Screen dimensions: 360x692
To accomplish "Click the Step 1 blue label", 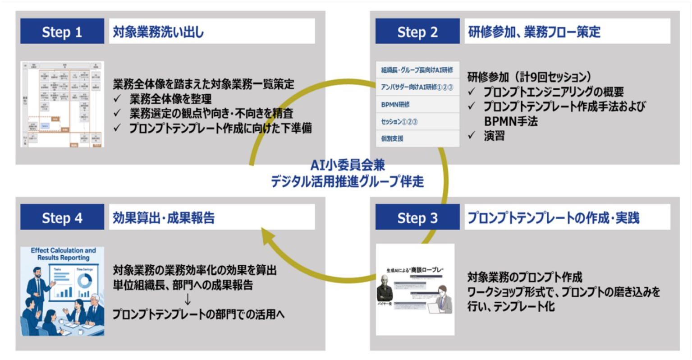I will (x=62, y=32).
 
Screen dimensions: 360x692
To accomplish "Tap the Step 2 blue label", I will (x=417, y=32).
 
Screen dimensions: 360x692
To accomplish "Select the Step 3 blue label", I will (x=417, y=218).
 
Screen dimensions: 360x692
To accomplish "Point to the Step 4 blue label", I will (x=62, y=218).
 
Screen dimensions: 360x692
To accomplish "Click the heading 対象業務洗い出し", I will (x=158, y=32).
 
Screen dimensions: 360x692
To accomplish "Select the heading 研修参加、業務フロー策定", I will (x=534, y=32).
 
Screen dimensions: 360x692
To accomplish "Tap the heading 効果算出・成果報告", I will (x=164, y=218).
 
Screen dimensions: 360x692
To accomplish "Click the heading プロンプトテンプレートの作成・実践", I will (x=553, y=218).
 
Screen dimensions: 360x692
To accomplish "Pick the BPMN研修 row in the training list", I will (x=395, y=104).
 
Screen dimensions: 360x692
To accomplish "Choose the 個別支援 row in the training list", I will (x=392, y=138).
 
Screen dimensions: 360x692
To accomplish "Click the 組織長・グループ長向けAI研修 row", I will (x=417, y=70).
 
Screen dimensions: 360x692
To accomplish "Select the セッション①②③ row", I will (x=399, y=121).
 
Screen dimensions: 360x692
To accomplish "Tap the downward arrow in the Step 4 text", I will (x=188, y=300).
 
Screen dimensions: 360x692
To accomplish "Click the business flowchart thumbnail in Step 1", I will (x=62, y=104).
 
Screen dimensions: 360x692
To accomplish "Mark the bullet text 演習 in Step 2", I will (x=494, y=136).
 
